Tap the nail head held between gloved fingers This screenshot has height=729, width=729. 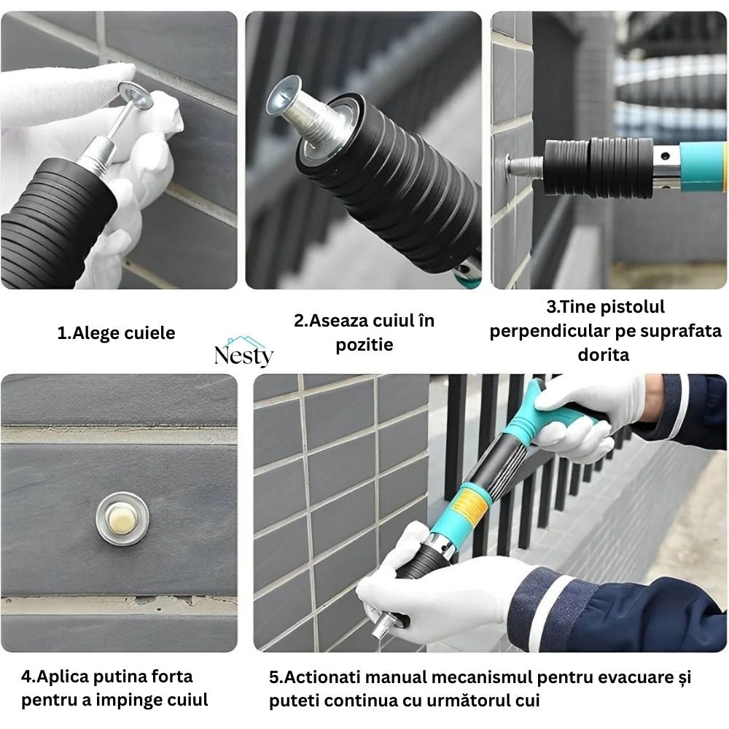tap(136, 96)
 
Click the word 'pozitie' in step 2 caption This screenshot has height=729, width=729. tap(364, 344)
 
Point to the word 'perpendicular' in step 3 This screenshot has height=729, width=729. tap(536, 331)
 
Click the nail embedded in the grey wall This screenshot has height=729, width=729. tap(122, 517)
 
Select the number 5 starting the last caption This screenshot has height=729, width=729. tap(274, 677)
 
